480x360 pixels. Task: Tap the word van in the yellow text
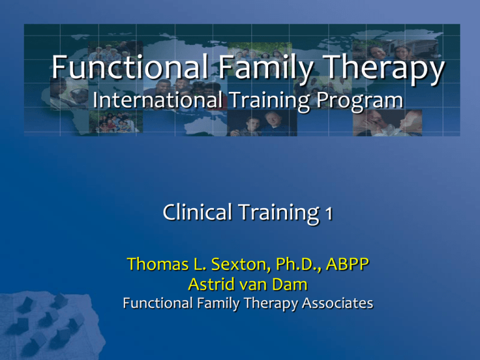click(x=246, y=286)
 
